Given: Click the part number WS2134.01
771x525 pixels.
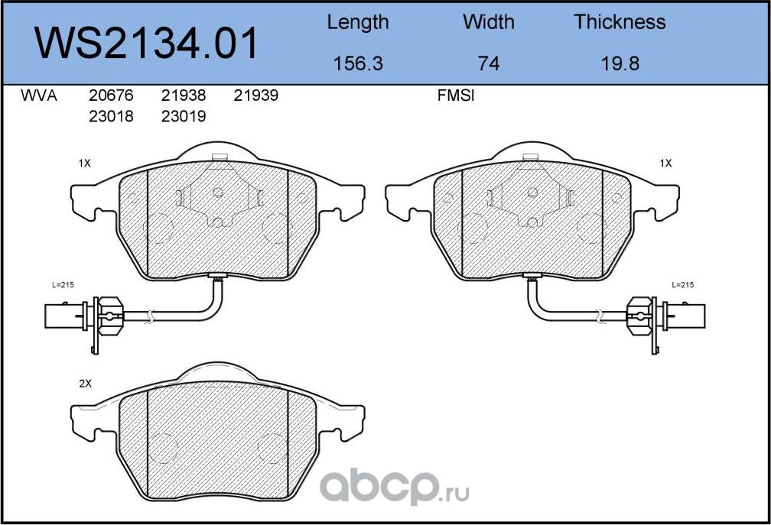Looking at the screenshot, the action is point(146,44).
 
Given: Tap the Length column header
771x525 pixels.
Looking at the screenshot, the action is point(358,23).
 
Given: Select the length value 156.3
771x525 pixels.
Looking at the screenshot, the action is point(358,64).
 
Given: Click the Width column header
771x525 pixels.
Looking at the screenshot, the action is point(488,22).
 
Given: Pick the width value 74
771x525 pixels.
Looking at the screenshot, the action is point(489,64).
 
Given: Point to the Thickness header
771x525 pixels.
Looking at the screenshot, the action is point(620,22).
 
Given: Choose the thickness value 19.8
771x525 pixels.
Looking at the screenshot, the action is point(620,64).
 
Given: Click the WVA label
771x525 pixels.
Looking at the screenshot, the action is point(39,96).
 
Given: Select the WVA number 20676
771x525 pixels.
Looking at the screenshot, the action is point(111,96).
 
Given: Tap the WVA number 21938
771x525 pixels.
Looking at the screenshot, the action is point(184,96).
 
